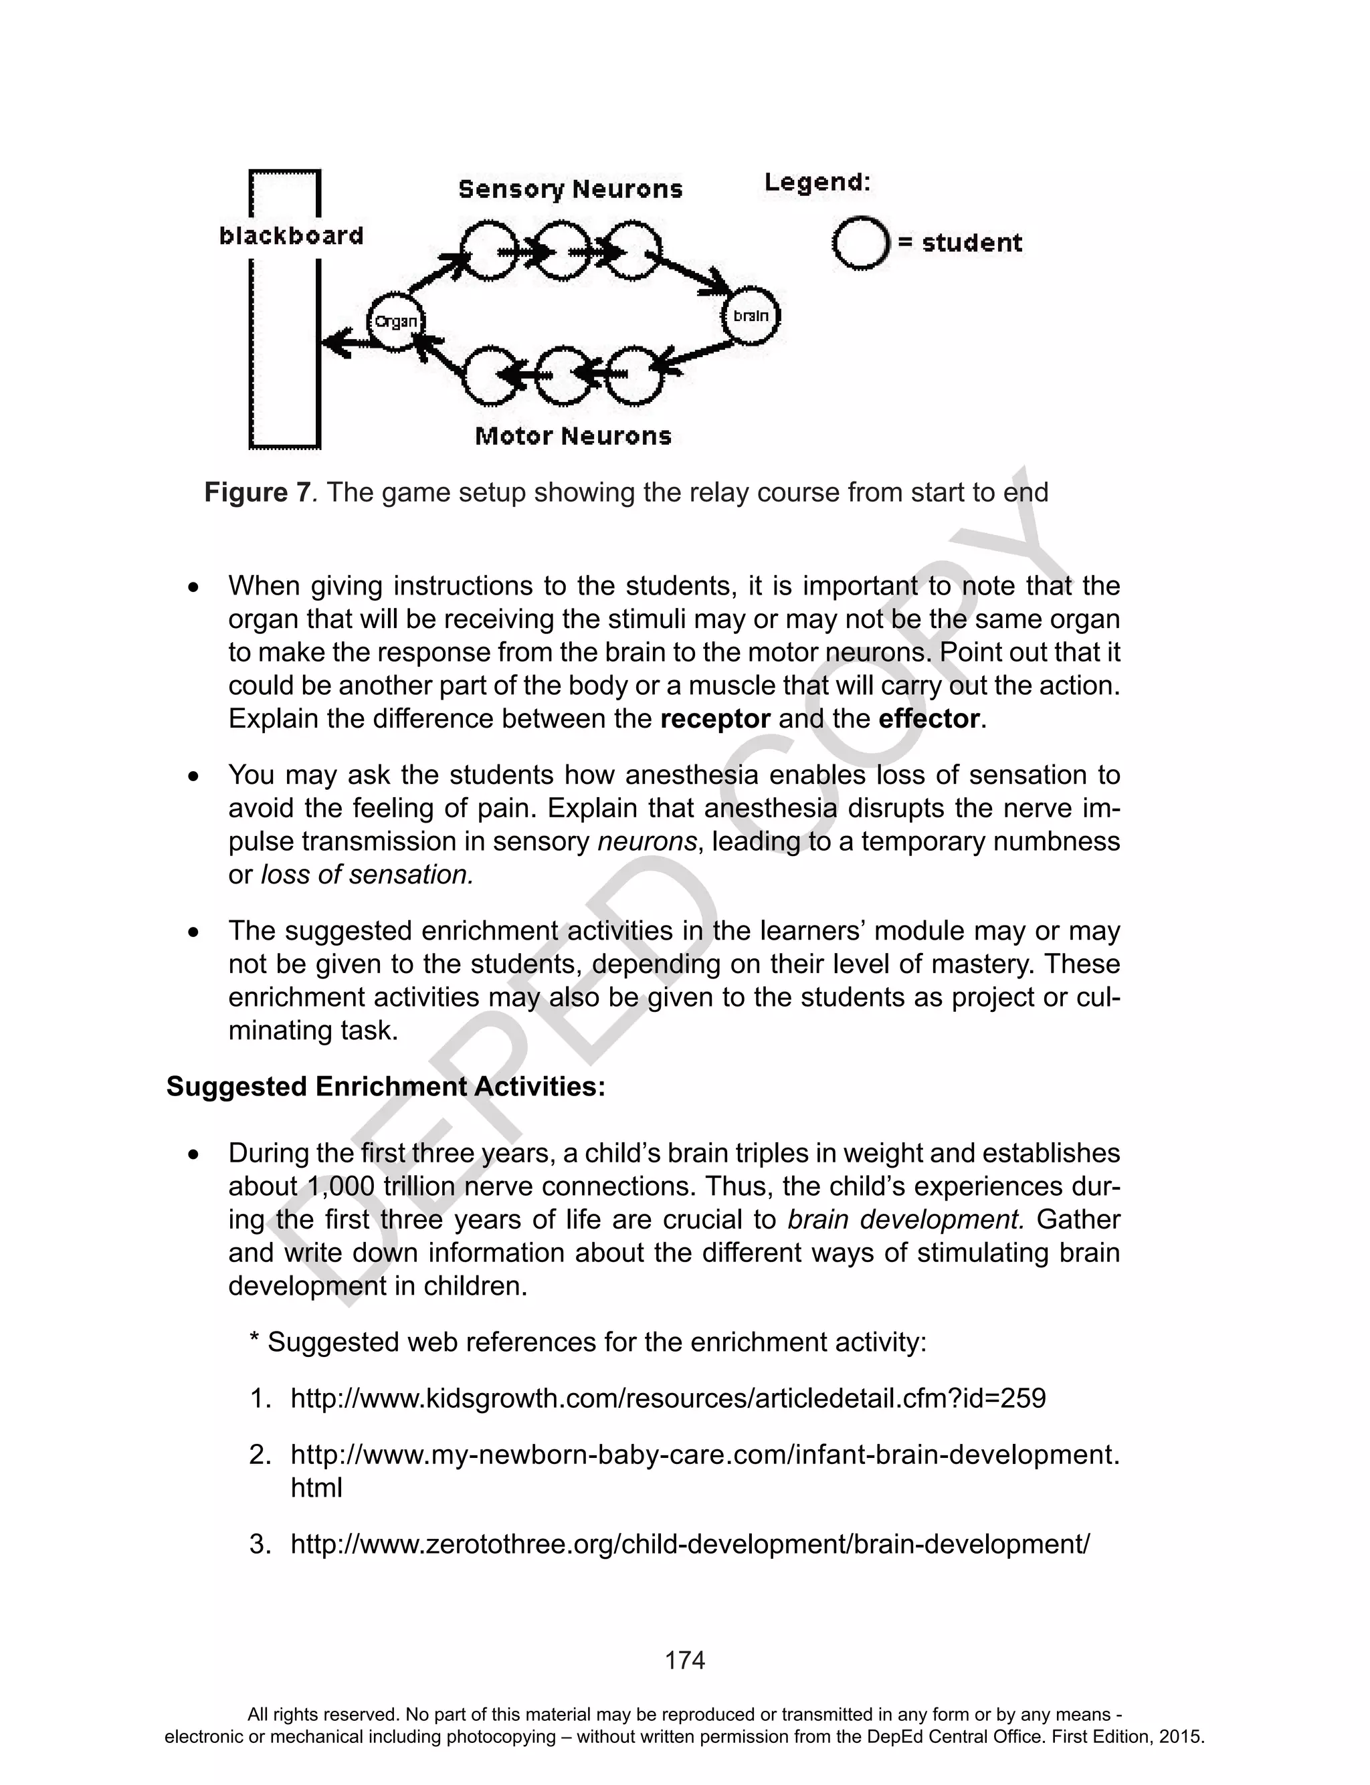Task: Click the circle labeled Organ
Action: coord(395,321)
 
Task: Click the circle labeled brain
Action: coord(751,316)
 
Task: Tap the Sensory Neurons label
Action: coord(570,189)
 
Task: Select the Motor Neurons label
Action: coord(573,436)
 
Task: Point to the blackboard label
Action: coord(291,235)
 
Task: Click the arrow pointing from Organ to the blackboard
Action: coord(344,343)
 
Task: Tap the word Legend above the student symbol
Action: coord(817,183)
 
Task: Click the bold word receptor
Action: coord(714,719)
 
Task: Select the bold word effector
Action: coord(928,719)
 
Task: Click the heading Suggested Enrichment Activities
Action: coord(386,1087)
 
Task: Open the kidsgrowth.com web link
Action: coord(668,1398)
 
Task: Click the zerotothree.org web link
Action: coord(690,1544)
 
